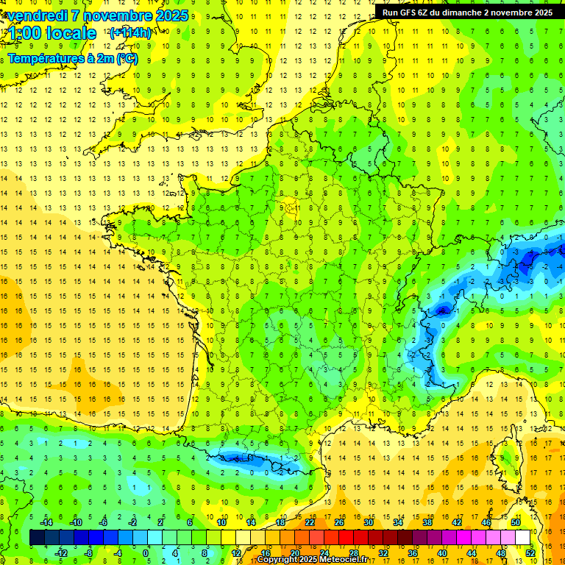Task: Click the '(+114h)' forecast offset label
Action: coord(130,33)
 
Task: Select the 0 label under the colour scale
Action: coord(146,552)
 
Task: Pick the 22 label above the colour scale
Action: coord(310,522)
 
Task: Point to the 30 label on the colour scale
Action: coord(369,522)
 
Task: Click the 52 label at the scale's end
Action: coord(530,552)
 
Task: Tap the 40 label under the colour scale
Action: coord(442,552)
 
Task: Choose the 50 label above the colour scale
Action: coord(516,522)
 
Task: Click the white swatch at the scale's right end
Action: coord(523,537)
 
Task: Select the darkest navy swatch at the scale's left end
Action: coord(38,537)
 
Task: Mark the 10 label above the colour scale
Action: coord(221,522)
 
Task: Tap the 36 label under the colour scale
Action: coord(413,552)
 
